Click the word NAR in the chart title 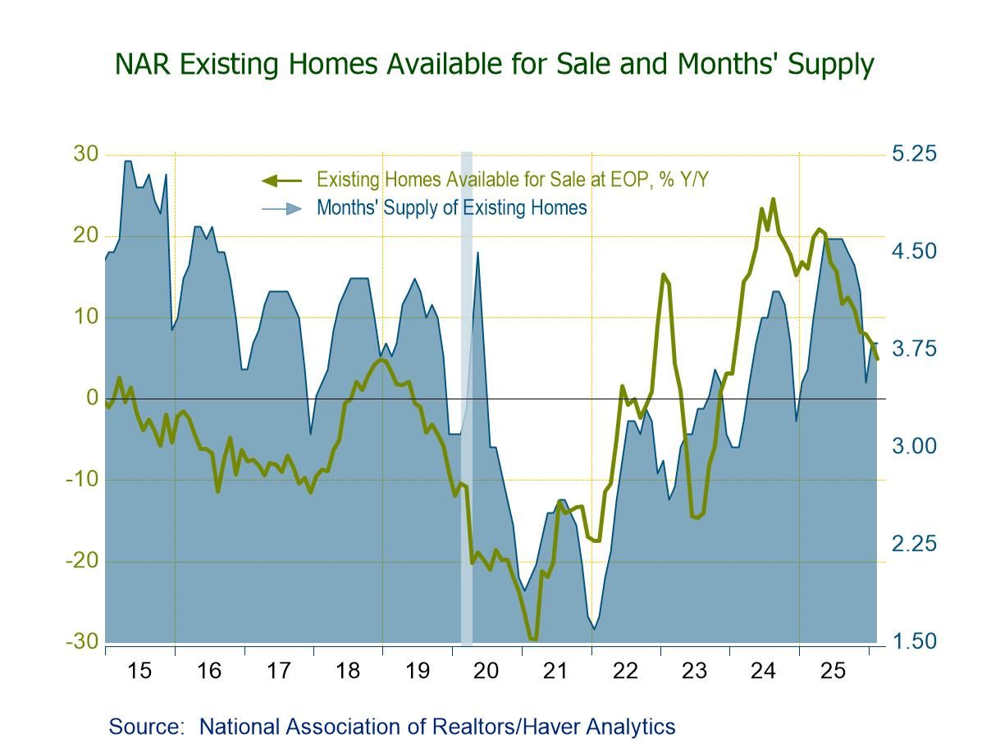141,64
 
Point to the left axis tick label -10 81,479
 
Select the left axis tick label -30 81,641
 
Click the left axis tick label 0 92,398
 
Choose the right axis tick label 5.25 914,154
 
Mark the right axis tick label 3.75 914,349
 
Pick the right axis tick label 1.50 914,641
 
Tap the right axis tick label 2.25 914,544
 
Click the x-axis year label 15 139,671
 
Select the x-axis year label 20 486,671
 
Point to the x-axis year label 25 833,671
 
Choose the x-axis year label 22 625,671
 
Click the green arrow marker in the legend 281,180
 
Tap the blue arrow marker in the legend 281,208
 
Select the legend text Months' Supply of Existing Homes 451,207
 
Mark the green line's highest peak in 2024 773,199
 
